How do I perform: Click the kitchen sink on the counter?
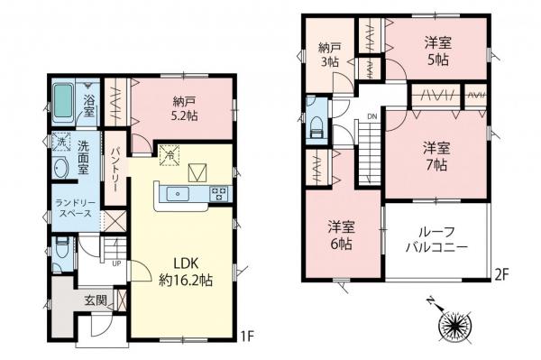pyautogui.click(x=178, y=191)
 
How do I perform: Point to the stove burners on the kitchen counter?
pyautogui.click(x=219, y=191)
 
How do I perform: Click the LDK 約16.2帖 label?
pyautogui.click(x=185, y=271)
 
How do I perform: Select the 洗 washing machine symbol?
pyautogui.click(x=61, y=142)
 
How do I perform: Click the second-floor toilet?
pyautogui.click(x=316, y=129)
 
